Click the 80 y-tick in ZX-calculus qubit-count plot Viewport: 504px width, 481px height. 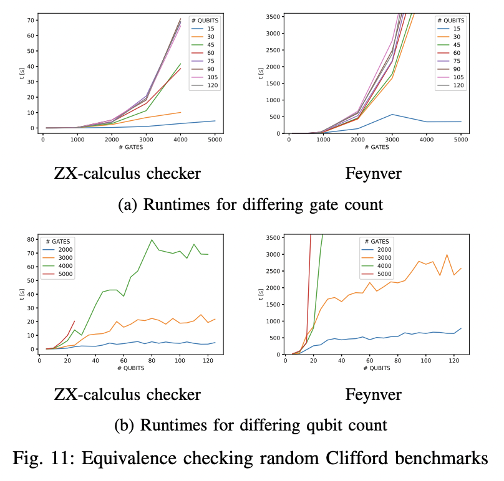pos(29,239)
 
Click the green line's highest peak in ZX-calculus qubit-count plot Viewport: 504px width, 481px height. pos(152,240)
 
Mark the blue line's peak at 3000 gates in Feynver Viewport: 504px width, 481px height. pos(392,114)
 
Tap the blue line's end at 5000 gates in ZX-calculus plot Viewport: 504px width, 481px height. pos(215,121)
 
